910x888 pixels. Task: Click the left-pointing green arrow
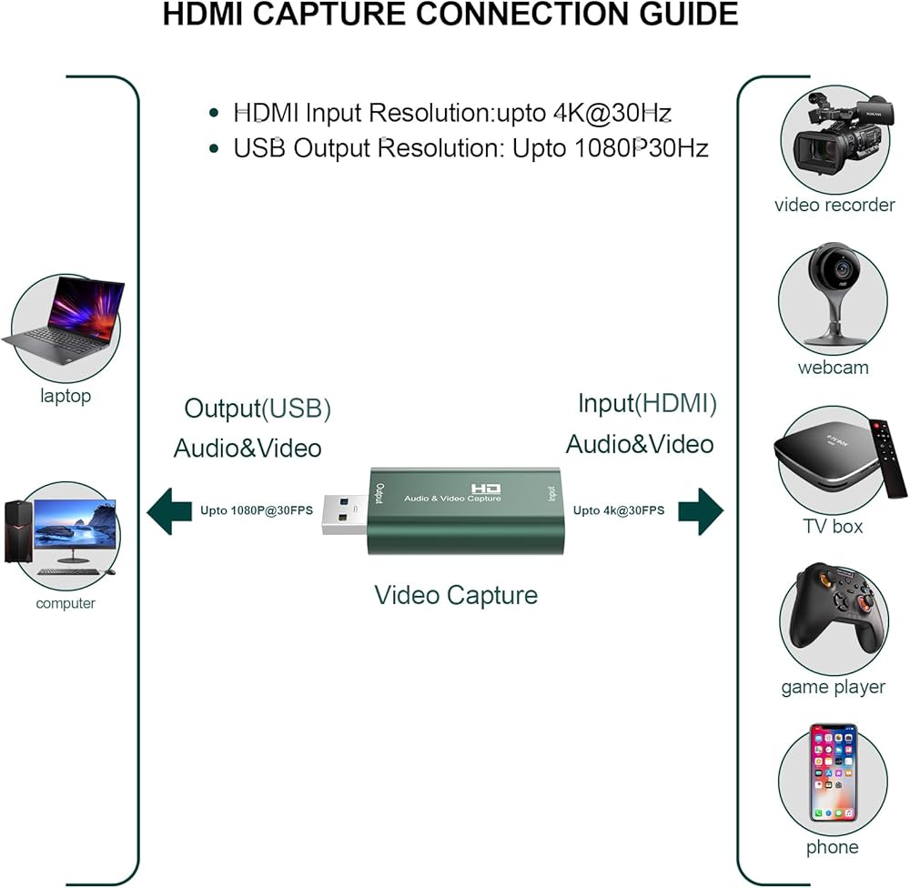coord(168,510)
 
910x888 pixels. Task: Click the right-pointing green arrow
coord(700,510)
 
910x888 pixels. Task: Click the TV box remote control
coord(889,459)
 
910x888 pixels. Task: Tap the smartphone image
coord(833,773)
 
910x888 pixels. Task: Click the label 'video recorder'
coord(834,205)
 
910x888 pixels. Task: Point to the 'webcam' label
coord(833,368)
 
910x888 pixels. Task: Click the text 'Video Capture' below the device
coord(456,595)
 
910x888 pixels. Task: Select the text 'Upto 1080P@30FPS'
coord(257,510)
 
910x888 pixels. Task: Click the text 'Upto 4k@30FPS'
coord(618,510)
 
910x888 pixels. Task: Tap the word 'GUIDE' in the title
coord(682,15)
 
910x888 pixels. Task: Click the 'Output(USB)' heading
coord(258,409)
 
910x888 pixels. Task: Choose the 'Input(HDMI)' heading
coord(647,403)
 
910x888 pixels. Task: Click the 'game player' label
coord(833,687)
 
